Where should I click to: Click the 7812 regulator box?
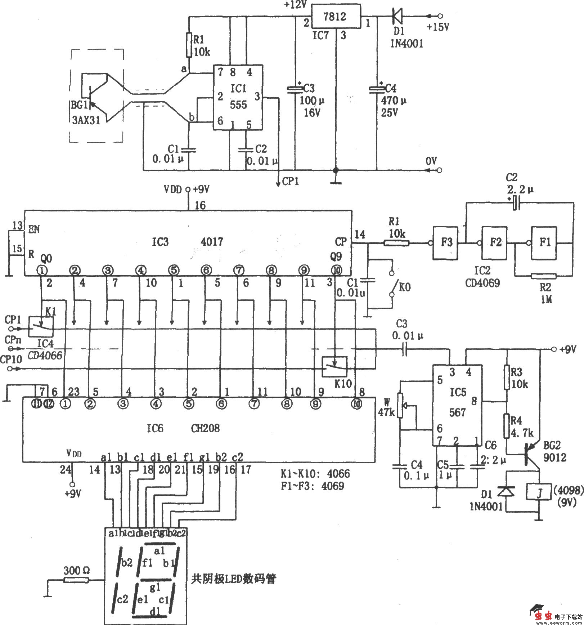tap(336, 16)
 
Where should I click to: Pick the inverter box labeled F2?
tap(495, 243)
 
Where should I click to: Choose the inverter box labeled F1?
tap(544, 243)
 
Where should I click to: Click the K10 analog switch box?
tap(335, 367)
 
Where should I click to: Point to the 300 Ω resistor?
tap(76, 580)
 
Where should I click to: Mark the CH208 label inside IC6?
tap(206, 428)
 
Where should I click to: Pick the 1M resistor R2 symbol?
tap(544, 276)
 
